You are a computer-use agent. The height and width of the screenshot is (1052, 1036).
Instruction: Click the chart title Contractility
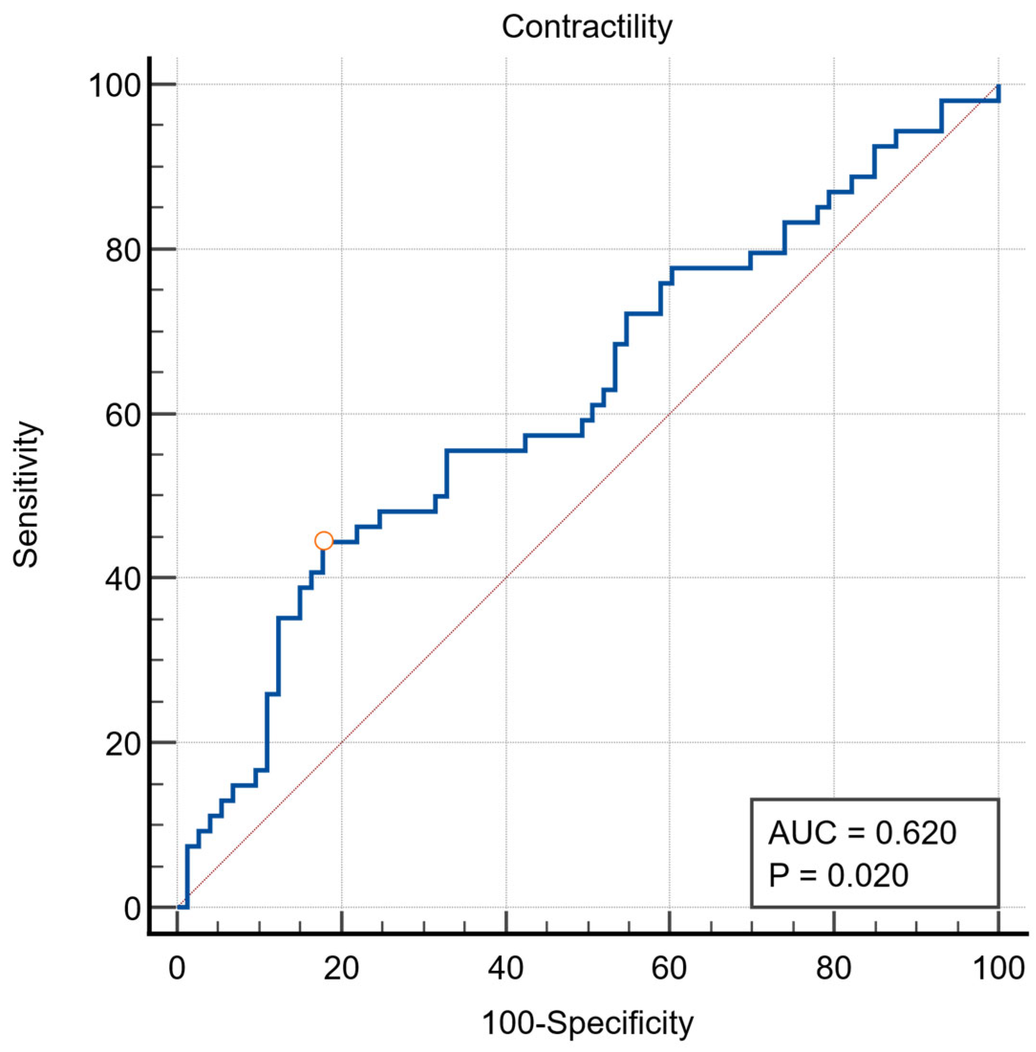587,27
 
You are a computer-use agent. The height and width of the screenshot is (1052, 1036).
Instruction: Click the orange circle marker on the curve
324,541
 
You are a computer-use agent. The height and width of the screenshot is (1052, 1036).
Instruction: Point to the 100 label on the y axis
117,86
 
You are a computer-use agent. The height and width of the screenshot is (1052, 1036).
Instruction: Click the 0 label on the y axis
133,909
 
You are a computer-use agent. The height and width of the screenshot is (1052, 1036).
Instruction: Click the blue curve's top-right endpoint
998,86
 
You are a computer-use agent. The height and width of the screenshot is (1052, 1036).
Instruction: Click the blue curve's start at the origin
179,907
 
